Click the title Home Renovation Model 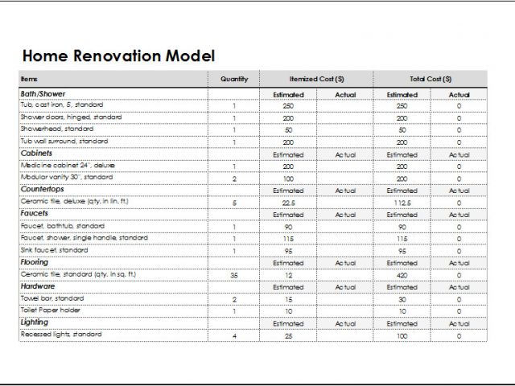point(117,56)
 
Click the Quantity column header point(234,79)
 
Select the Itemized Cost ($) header point(317,79)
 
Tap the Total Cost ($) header point(431,79)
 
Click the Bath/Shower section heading point(43,94)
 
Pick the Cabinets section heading point(36,153)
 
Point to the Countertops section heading point(42,190)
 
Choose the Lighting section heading point(35,322)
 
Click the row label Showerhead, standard point(57,129)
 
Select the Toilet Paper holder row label point(50,310)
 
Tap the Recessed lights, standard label point(61,334)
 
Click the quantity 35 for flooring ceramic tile point(234,274)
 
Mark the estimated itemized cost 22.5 point(288,203)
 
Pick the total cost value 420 point(402,274)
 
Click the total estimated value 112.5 point(402,203)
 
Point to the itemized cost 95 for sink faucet point(288,250)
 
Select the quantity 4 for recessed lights point(234,335)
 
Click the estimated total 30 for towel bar point(402,298)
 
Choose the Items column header point(29,79)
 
